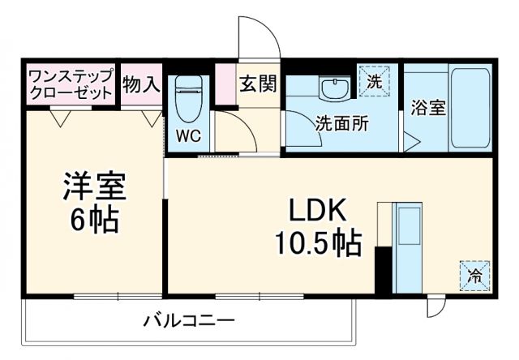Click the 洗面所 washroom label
pyautogui.click(x=341, y=124)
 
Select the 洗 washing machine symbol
pyautogui.click(x=374, y=81)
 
